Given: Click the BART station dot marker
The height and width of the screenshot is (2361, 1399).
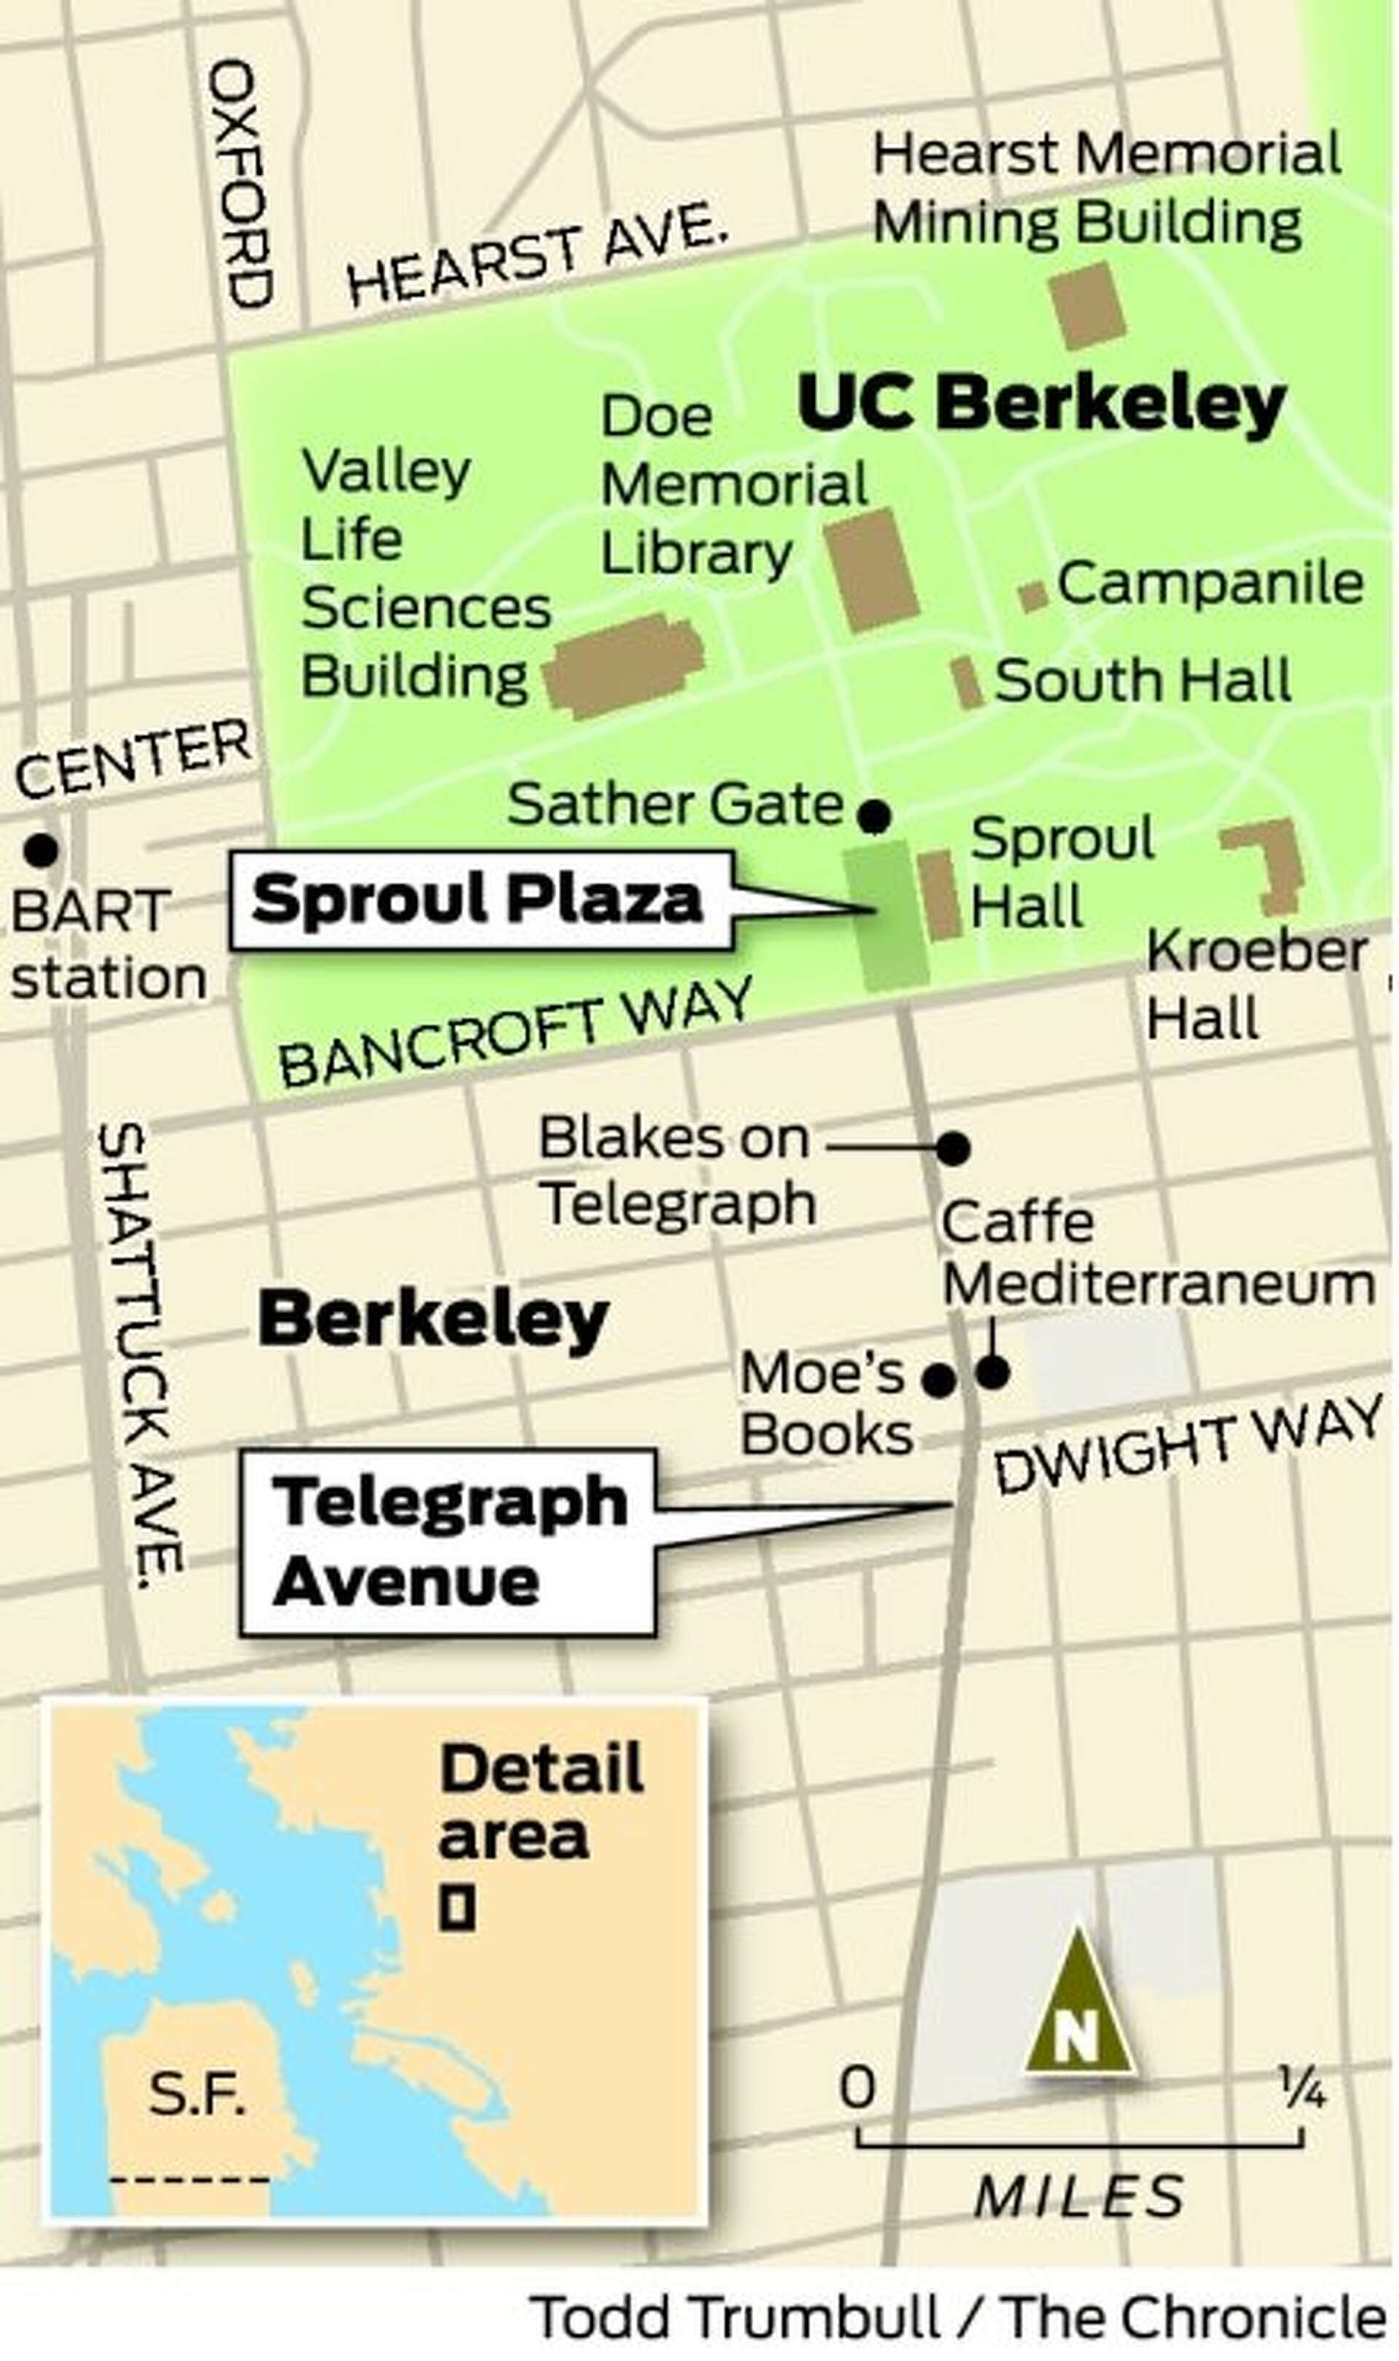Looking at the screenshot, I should coord(41,851).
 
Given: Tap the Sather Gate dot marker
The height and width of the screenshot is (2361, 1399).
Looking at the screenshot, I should coord(874,815).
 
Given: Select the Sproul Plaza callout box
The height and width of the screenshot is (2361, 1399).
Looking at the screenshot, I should coord(481,899).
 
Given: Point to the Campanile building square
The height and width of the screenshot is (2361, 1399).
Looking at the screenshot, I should coord(1033,596).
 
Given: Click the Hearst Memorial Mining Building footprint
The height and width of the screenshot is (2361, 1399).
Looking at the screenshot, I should coord(1088,305).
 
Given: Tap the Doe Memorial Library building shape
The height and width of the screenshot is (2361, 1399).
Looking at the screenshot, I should coord(871,569).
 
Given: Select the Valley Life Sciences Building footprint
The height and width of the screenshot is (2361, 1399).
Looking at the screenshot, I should coord(625,665).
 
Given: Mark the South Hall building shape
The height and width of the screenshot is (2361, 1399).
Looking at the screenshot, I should coord(965,682).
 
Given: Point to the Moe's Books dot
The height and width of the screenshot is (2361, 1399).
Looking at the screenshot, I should coord(939,1381).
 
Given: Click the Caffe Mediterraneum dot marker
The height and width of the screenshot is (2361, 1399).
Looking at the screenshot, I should coord(992,1373).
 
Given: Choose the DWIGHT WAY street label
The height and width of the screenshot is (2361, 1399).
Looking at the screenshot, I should coord(1188,1445).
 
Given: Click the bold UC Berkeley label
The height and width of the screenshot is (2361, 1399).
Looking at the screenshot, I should coord(1042,404).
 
